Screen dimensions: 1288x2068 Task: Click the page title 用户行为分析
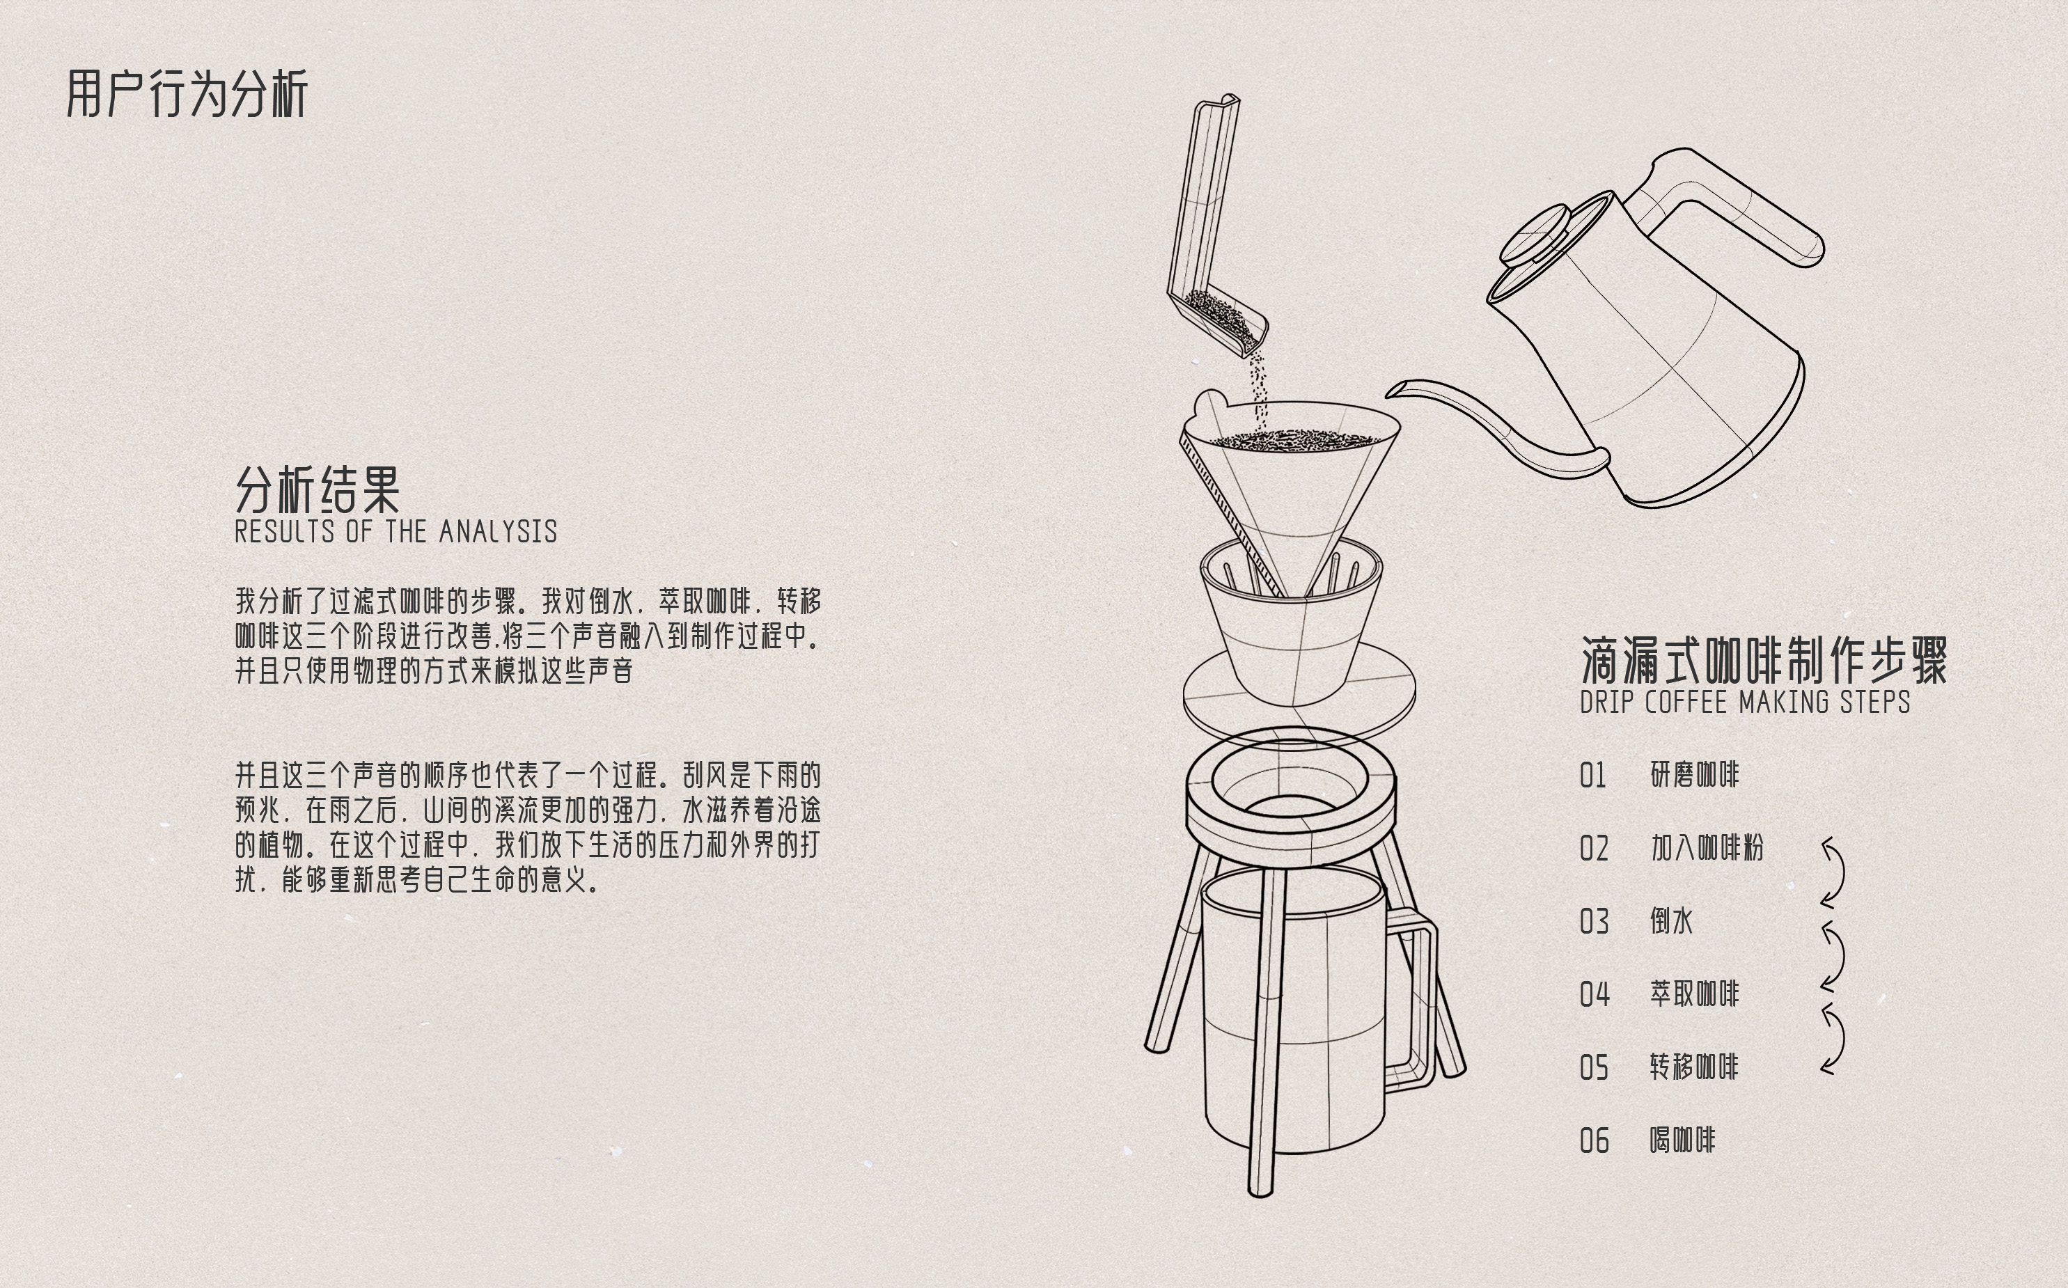[x=187, y=94]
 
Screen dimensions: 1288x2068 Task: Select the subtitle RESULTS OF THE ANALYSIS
[x=395, y=531]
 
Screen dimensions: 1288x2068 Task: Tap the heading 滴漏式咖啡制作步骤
[x=1763, y=660]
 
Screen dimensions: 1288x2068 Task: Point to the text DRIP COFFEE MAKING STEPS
[x=1744, y=702]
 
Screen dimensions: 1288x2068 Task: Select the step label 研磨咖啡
[x=1694, y=775]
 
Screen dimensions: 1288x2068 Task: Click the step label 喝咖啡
[x=1682, y=1140]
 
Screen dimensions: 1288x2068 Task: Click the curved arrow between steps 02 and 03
[x=1835, y=872]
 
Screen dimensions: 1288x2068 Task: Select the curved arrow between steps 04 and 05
[x=1835, y=1039]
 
